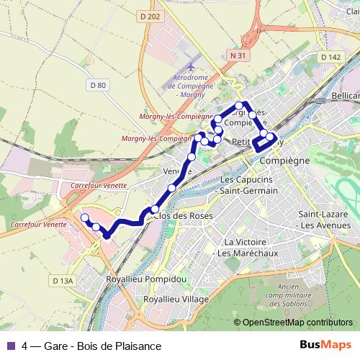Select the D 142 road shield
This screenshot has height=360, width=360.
click(330, 57)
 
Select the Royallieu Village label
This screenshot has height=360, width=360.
click(176, 298)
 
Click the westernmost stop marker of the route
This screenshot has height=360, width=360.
click(84, 217)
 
